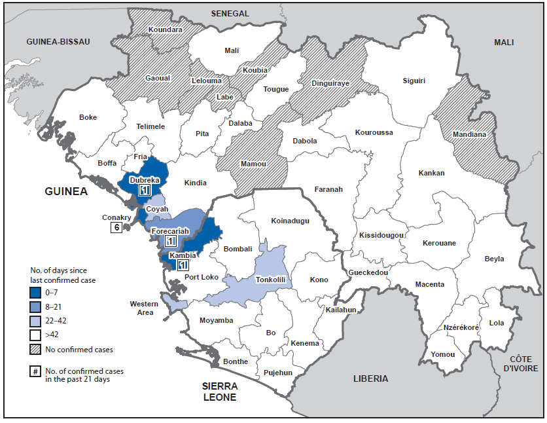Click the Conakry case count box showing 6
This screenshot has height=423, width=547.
click(116, 228)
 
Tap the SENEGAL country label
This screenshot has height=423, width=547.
click(230, 13)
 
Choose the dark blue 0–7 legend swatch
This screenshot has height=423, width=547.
click(35, 293)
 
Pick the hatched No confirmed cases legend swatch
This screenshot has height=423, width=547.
click(35, 349)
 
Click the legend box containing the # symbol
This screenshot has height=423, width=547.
click(35, 372)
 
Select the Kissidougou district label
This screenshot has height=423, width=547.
click(381, 235)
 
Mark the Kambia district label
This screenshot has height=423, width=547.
click(182, 255)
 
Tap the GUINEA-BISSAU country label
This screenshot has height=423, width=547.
click(58, 41)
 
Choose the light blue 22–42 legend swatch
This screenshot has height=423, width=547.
click(35, 321)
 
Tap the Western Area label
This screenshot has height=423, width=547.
click(144, 308)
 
